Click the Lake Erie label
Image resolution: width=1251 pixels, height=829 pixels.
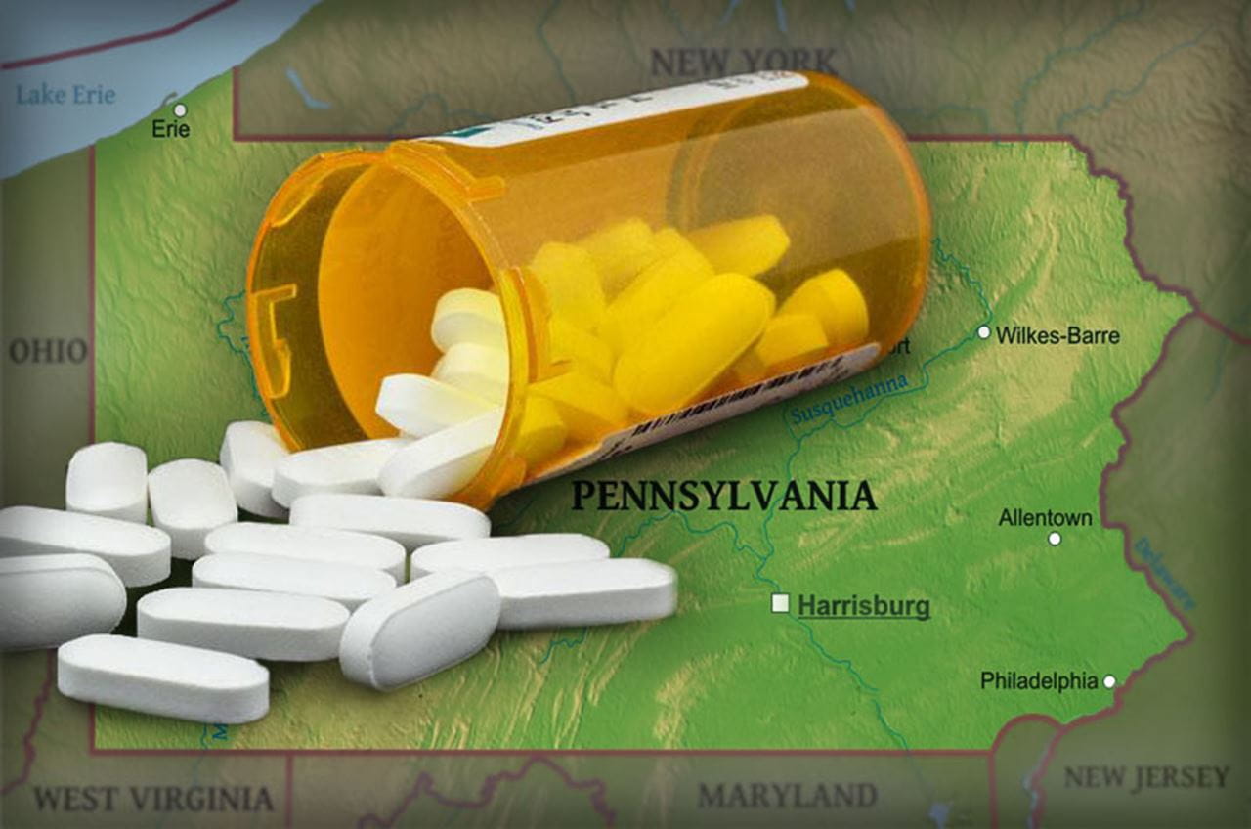click(65, 95)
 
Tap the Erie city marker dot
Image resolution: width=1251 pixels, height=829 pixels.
click(180, 109)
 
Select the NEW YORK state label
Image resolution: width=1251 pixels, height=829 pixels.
click(744, 63)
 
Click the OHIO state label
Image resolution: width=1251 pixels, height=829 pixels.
click(48, 351)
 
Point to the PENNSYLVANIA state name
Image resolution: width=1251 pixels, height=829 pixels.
click(723, 496)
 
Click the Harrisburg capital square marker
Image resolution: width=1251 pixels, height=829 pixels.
click(780, 603)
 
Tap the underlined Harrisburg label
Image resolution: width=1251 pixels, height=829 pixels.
click(863, 606)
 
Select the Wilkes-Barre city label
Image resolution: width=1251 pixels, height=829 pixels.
click(1057, 335)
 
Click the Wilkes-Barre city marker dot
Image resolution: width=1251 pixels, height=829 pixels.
click(984, 332)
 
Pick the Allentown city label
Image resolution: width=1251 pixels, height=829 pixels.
click(1045, 518)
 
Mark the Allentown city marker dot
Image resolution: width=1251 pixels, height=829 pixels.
click(1055, 539)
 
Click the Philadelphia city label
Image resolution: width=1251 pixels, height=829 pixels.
click(1039, 680)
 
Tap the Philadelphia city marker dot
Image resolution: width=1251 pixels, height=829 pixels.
click(1109, 681)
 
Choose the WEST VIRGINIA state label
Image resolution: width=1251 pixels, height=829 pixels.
click(153, 799)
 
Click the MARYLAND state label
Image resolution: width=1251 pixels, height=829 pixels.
click(787, 795)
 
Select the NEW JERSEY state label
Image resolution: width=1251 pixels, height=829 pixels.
click(1145, 777)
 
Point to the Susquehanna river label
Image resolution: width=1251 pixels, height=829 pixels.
click(848, 400)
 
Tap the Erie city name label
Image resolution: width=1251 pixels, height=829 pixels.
click(170, 129)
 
